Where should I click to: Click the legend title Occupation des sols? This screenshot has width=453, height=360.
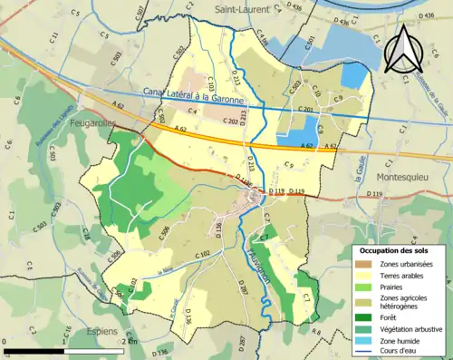pyautogui.click(x=396, y=249)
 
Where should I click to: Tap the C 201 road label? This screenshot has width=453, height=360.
pyautogui.click(x=306, y=110)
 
